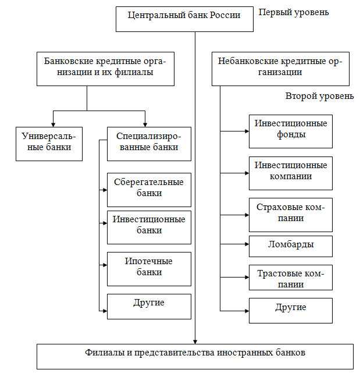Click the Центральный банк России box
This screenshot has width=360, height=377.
[186, 19]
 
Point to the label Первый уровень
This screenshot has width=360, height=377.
[294, 12]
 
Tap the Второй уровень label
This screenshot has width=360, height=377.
[319, 96]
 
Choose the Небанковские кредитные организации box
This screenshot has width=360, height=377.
[280, 68]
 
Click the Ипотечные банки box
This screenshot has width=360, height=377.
[149, 268]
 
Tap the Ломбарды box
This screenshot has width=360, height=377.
[290, 246]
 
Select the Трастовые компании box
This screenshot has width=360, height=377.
[290, 278]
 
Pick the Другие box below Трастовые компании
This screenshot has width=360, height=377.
[290, 310]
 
